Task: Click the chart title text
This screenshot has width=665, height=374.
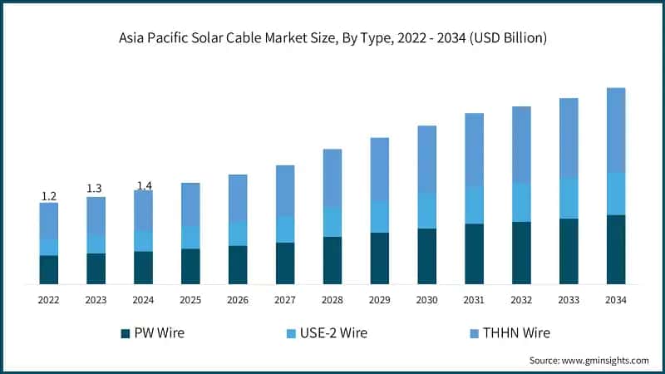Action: pos(332,37)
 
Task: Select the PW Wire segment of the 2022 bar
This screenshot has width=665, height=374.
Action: pos(49,269)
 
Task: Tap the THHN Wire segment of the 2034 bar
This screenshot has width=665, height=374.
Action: pos(616,130)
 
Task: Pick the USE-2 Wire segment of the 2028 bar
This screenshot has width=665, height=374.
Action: pos(332,222)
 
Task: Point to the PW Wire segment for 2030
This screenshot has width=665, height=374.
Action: pos(427,256)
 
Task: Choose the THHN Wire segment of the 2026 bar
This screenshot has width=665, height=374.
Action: pos(238,198)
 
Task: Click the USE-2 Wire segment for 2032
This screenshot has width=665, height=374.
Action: pos(522,202)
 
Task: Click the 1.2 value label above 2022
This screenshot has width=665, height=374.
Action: pos(49,196)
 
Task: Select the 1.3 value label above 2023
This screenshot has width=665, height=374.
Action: pos(96,189)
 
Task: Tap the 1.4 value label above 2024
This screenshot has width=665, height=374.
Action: pos(143,185)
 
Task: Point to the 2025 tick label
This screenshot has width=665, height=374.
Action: pos(190,299)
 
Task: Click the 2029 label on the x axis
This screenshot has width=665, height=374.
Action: pos(380,299)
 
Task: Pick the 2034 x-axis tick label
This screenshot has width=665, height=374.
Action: pos(616,299)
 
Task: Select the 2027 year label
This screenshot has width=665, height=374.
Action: pos(285,299)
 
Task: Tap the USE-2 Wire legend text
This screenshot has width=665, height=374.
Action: pos(336,332)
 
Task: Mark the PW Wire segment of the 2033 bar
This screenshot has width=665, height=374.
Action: pos(569,251)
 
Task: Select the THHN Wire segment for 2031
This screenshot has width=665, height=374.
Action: pos(475,150)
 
